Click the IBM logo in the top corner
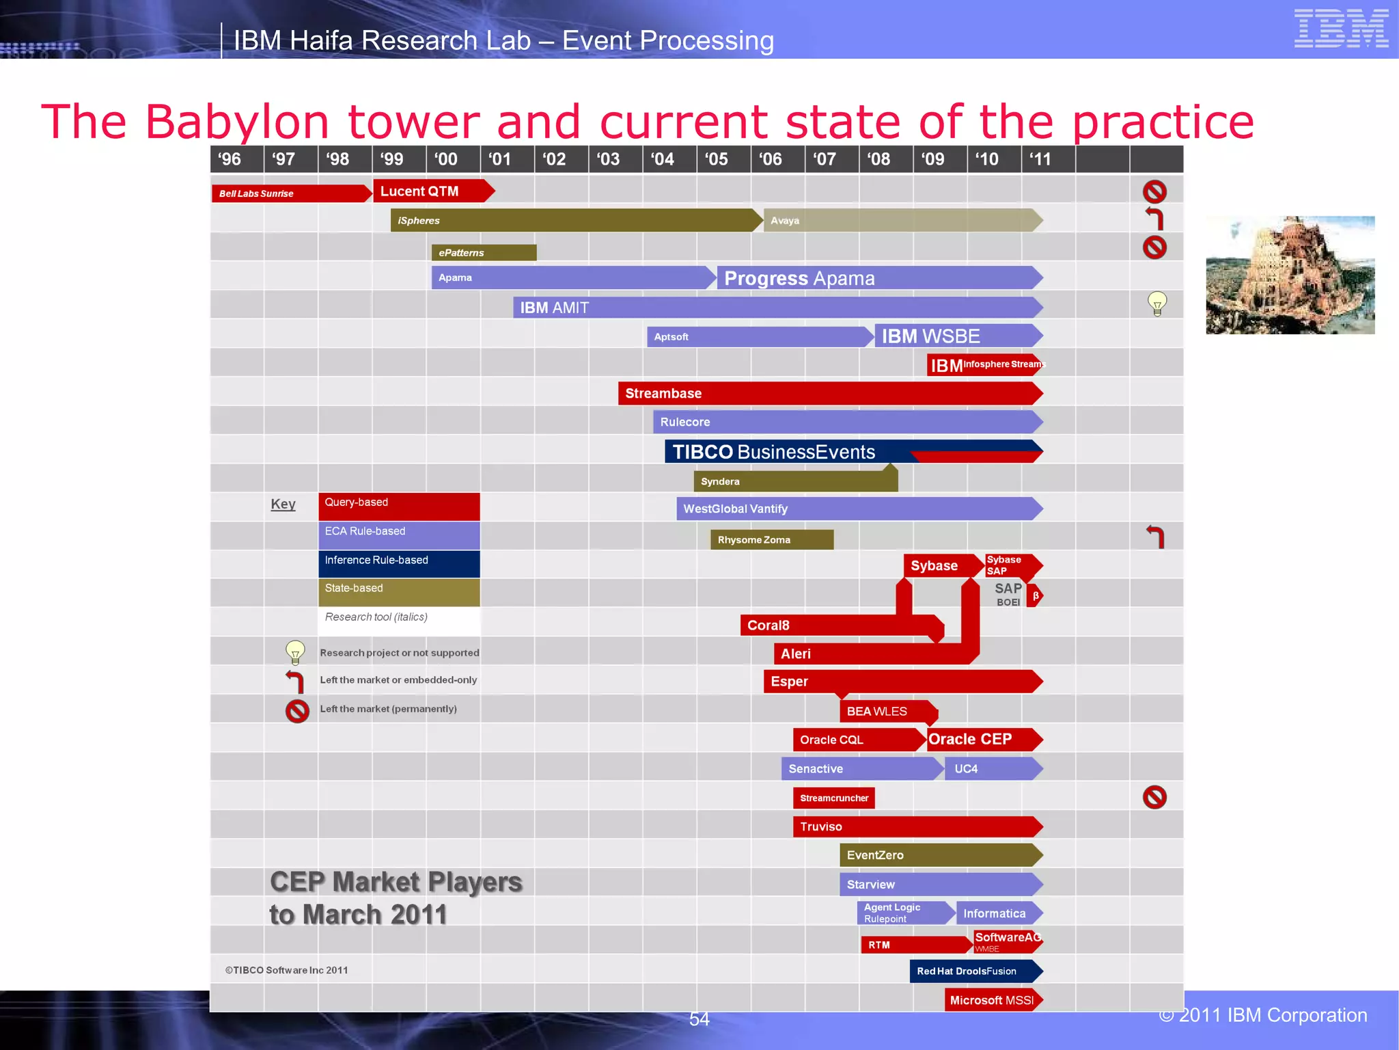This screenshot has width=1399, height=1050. click(1340, 29)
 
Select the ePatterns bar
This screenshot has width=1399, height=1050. click(483, 253)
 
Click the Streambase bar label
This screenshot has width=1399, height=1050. click(663, 394)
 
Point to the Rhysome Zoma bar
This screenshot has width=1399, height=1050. click(771, 540)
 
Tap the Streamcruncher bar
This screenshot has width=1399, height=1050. click(833, 798)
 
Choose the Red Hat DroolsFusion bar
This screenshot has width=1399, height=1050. click(973, 971)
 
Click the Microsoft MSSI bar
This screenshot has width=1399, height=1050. click(992, 1000)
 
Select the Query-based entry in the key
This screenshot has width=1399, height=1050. click(399, 507)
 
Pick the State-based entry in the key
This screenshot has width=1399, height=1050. click(399, 592)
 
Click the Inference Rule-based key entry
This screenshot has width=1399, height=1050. click(399, 564)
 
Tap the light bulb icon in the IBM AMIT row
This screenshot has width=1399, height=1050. click(1157, 304)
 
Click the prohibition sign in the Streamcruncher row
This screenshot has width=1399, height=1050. click(1154, 797)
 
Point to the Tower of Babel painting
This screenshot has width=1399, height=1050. click(1290, 275)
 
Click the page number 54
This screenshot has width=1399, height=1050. click(699, 1019)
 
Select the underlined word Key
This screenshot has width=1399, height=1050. click(283, 504)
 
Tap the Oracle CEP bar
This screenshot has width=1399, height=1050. click(981, 740)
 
